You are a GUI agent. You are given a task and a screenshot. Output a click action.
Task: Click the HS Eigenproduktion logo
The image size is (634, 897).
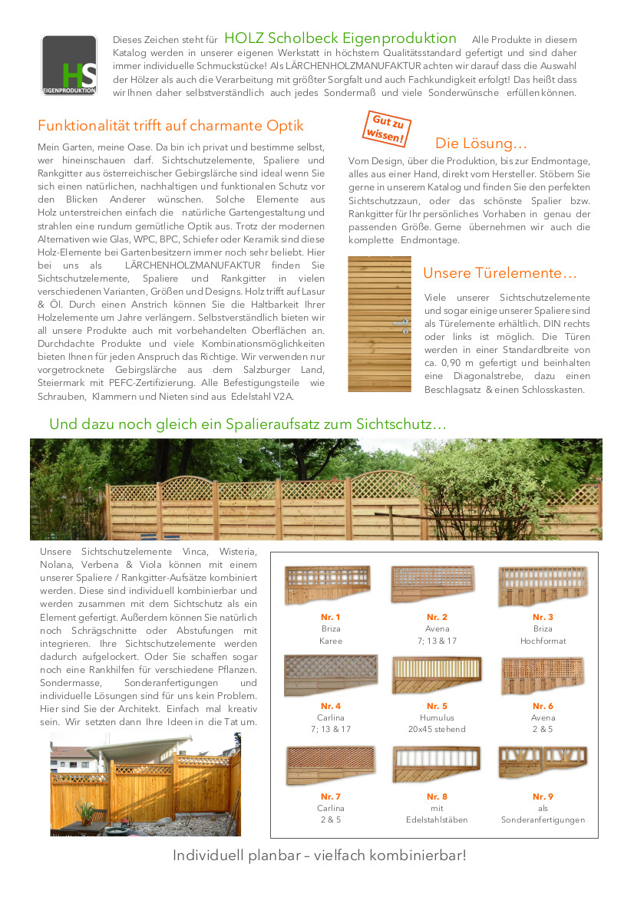pyautogui.click(x=69, y=65)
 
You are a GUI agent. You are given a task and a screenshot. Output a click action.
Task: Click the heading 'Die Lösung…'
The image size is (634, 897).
pyautogui.click(x=481, y=143)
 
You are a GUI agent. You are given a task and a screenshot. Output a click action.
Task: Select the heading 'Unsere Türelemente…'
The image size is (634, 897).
pyautogui.click(x=500, y=273)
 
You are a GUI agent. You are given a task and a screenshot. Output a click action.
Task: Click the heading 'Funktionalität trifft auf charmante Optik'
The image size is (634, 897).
pyautogui.click(x=170, y=126)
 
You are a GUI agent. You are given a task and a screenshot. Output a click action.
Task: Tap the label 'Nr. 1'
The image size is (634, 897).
pyautogui.click(x=331, y=617)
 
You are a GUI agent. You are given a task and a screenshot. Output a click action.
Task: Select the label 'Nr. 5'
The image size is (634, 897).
pyautogui.click(x=437, y=706)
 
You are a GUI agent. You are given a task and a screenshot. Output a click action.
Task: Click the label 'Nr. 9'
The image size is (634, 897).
pyautogui.click(x=543, y=796)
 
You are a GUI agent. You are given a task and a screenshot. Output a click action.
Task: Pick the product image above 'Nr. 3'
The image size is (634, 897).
pyautogui.click(x=543, y=587)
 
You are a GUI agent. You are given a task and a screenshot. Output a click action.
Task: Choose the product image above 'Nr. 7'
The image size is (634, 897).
pyautogui.click(x=330, y=764)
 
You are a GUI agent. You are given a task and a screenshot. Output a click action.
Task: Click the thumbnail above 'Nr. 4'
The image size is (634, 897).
pyautogui.click(x=330, y=675)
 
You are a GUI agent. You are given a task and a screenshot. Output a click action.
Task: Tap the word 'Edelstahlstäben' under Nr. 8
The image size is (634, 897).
pyautogui.click(x=437, y=820)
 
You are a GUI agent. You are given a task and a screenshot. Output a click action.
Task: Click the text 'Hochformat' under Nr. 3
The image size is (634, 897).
pyautogui.click(x=543, y=640)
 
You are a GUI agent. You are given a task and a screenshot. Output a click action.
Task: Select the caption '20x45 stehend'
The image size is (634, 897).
pyautogui.click(x=437, y=729)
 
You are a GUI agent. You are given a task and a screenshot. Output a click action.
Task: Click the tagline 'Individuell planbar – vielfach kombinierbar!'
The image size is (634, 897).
pyautogui.click(x=319, y=855)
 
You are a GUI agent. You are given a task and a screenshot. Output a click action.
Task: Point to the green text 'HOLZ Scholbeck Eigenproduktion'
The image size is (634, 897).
pyautogui.click(x=340, y=38)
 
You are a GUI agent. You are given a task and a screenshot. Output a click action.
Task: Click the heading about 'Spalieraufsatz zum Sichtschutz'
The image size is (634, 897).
pyautogui.click(x=248, y=424)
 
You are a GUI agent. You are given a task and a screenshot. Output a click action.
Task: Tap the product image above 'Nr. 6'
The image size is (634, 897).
pyautogui.click(x=543, y=675)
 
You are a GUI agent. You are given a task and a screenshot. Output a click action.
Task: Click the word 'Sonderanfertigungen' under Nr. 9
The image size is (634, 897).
pyautogui.click(x=543, y=820)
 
